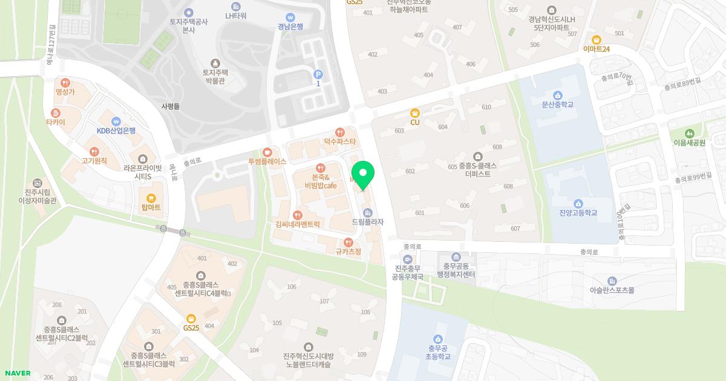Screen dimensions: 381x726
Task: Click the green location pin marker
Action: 363,175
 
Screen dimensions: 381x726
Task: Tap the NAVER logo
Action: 16,373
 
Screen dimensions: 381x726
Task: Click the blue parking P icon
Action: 318,74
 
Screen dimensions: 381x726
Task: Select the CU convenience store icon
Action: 415,112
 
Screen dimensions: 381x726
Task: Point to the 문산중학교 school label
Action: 557,105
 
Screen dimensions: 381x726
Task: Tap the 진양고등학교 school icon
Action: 578,203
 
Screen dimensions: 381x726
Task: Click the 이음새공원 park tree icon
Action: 689,133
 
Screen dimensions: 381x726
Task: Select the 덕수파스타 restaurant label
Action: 340,142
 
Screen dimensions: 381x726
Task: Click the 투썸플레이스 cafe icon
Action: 267,152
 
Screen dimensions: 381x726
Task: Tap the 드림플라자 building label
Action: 367,223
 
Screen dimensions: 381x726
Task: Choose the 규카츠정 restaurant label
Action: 348,252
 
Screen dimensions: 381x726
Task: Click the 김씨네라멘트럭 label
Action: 297,224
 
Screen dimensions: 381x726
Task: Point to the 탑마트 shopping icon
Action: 151,198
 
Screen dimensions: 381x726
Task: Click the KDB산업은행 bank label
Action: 116,131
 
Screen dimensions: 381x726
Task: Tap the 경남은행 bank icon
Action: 290,17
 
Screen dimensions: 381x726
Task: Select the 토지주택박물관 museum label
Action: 214,76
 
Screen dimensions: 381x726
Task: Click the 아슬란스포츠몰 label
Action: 612,290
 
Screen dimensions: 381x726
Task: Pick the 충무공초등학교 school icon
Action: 438,339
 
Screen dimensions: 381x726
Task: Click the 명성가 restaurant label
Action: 65,92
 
